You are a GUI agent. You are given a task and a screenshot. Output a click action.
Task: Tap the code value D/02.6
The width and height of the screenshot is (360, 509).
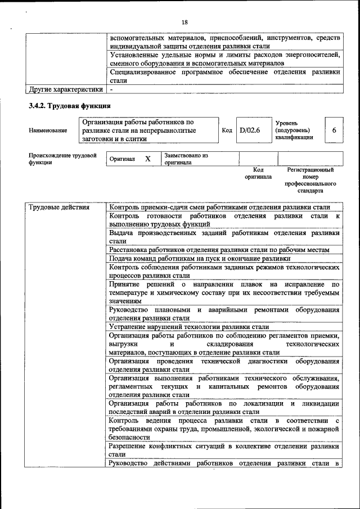(249, 130)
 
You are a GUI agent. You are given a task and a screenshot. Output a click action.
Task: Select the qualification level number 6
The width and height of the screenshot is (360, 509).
(334, 130)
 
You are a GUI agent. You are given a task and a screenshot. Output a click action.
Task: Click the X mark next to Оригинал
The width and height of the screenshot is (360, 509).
(148, 159)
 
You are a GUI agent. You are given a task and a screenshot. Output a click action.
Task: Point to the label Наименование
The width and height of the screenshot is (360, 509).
(48, 130)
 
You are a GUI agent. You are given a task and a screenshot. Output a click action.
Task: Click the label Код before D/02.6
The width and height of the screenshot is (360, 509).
(227, 130)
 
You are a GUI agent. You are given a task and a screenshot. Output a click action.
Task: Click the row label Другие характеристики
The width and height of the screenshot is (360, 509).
(66, 89)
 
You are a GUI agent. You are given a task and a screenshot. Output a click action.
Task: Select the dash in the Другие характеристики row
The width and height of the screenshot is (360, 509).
(112, 89)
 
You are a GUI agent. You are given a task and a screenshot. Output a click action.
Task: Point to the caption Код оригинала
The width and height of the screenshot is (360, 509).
(258, 173)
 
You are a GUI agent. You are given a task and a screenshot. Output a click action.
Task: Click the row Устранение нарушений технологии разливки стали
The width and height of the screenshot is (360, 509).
(190, 327)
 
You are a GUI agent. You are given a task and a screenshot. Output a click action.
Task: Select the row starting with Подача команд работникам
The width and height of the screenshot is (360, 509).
(200, 258)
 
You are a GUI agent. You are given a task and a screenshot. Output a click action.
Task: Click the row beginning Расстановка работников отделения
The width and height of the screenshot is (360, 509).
(224, 250)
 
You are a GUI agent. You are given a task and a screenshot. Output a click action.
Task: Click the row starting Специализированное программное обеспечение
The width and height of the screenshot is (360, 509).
(224, 76)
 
